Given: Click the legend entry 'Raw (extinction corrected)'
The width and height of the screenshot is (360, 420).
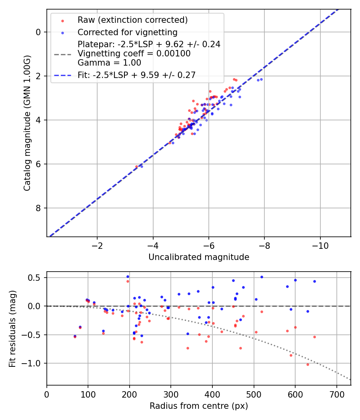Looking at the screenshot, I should click(132, 20).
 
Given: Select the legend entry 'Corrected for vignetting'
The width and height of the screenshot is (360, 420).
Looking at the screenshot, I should click(127, 32).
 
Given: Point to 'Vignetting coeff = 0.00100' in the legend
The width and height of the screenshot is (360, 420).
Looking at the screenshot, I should click(134, 54).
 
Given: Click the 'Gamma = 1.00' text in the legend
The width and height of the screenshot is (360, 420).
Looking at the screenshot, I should click(109, 62).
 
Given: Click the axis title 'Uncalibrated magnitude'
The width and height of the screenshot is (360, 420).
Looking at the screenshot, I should click(199, 257).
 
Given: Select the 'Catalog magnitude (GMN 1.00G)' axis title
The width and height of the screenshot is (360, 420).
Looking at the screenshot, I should click(27, 123).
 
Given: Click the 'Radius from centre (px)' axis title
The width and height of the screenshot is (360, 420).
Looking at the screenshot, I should click(199, 406).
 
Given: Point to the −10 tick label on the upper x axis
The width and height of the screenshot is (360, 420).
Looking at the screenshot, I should click(320, 245).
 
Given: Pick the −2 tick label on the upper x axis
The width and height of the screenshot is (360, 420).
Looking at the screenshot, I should click(97, 245).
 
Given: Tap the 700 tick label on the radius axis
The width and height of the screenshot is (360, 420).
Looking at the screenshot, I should click(336, 394).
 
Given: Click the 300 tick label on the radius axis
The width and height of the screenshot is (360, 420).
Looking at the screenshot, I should click(171, 394).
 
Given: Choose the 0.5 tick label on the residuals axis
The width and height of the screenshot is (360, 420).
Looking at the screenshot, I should click(36, 278).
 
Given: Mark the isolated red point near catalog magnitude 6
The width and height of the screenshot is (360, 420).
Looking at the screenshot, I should click(136, 166).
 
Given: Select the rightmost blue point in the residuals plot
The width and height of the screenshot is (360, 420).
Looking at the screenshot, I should click(314, 281).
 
